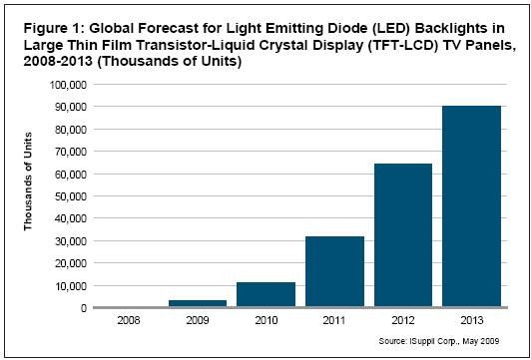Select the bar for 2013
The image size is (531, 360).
tap(471, 206)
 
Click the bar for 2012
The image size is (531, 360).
tap(403, 235)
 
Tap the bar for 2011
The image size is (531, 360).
tap(334, 271)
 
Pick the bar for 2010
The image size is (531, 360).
tap(265, 294)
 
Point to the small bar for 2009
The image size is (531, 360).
tap(198, 303)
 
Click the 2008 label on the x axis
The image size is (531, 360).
tap(129, 320)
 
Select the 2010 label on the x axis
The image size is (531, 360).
tap(265, 320)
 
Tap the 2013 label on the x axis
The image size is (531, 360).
tap(471, 320)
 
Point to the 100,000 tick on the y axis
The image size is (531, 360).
tap(70, 84)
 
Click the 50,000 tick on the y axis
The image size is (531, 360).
tap(72, 196)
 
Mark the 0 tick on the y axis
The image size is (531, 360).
tap(84, 308)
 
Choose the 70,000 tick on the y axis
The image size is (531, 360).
tap(72, 152)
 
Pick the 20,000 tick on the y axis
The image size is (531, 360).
tap(72, 263)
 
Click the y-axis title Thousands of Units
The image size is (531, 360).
tap(28, 181)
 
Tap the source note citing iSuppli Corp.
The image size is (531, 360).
tap(439, 341)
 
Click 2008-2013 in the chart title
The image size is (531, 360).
tap(56, 62)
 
